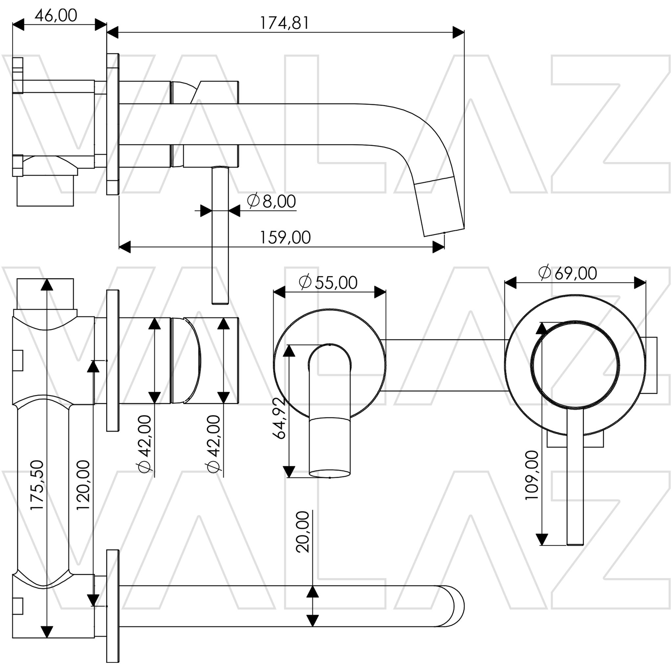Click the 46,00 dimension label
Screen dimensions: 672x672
56,16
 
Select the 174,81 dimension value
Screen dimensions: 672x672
284,23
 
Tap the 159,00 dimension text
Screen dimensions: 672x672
285,238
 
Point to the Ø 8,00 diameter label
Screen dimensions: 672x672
271,201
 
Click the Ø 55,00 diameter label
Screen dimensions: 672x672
328,283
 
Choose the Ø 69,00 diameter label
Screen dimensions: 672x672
568,273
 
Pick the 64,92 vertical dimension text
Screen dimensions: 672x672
279,418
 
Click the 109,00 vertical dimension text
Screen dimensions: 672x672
532,475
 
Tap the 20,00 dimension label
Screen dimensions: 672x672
303,532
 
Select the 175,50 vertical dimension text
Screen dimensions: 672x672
37,486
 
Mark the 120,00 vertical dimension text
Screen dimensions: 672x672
83,486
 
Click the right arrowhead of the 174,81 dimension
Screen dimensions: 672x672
459,33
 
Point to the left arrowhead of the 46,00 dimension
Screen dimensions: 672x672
18,25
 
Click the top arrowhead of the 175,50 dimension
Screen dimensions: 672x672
47,285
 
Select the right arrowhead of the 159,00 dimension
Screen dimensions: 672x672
439,247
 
